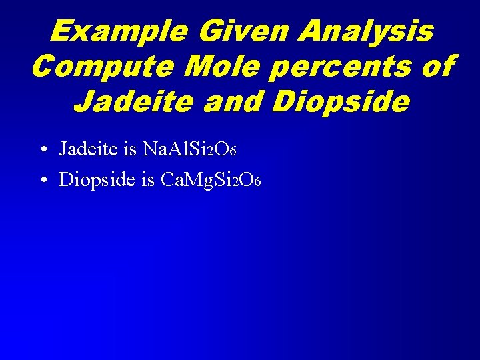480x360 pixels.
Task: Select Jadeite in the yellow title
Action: (141, 102)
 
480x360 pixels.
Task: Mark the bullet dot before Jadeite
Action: (42, 150)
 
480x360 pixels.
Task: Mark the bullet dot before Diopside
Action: (42, 180)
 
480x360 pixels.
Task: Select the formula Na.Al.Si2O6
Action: (190, 149)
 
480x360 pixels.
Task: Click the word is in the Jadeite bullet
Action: (130, 149)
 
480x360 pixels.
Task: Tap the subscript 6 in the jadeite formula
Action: (233, 153)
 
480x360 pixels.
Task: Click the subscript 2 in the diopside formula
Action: (234, 183)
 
